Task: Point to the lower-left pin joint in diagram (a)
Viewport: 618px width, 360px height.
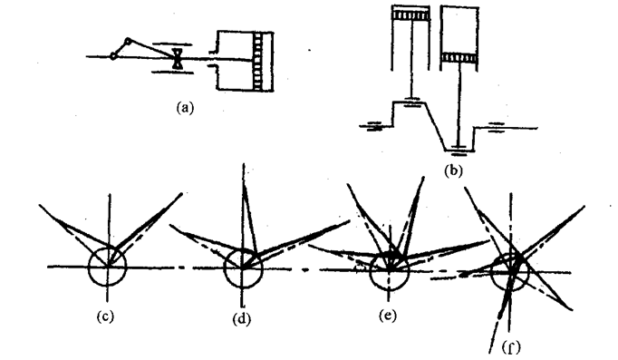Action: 112,56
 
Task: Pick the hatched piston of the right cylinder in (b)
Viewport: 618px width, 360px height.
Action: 460,58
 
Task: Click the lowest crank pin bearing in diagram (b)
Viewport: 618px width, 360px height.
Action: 460,147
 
